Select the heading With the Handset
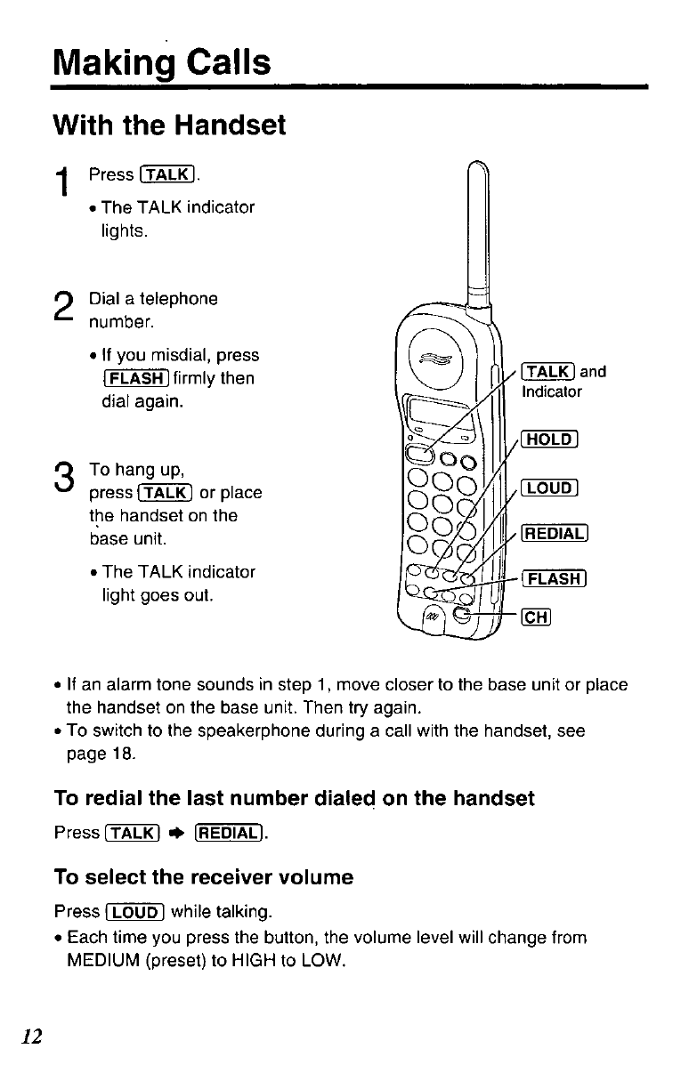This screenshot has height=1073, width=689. pos(170,126)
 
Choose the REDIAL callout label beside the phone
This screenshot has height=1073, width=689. pos(555,535)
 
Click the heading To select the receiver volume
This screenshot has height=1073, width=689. pos(204,877)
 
